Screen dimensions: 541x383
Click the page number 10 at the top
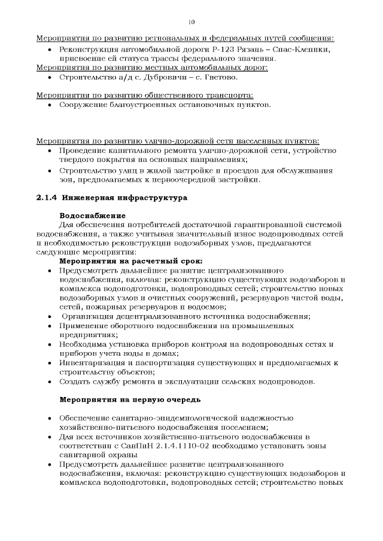click(191, 22)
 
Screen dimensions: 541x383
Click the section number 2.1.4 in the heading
click(48, 197)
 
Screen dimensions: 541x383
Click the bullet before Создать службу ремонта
click(48, 381)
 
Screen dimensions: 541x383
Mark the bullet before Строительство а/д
click(48, 77)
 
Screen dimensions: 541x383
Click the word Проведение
click(85, 150)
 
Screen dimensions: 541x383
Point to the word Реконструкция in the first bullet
click(93, 49)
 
